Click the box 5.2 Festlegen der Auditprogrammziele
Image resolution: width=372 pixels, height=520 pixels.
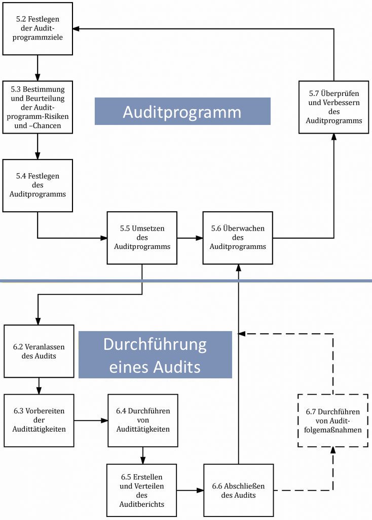[x=38, y=28]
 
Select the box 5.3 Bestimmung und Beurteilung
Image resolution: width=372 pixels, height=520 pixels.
[x=38, y=107]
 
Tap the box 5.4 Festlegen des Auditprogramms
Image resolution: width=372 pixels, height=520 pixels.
[x=38, y=185]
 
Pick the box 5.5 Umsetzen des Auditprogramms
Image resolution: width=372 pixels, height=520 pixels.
[x=142, y=238]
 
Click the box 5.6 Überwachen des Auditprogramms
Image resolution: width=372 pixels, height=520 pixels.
[x=238, y=238]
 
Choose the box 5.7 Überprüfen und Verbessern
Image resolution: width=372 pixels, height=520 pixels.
[x=333, y=107]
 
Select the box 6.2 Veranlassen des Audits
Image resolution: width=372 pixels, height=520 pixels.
[x=39, y=351]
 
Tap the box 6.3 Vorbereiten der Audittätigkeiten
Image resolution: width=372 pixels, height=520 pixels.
[x=39, y=420]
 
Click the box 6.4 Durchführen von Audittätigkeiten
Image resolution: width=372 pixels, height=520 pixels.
[x=142, y=420]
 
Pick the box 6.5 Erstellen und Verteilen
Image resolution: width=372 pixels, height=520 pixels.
[x=141, y=490]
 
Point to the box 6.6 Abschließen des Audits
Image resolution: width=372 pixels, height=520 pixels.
[x=238, y=490]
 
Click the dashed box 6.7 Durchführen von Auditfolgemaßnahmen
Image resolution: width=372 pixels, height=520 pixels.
[x=333, y=420]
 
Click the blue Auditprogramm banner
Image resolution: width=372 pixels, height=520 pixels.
[x=182, y=111]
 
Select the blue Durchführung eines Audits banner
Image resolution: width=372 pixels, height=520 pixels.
[x=155, y=354]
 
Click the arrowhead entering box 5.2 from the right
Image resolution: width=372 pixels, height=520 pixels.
[x=76, y=29]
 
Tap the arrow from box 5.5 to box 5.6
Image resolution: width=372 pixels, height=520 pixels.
[x=190, y=238]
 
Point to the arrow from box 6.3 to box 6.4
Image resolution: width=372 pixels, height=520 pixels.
[x=91, y=420]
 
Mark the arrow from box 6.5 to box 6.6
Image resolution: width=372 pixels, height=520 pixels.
[x=190, y=490]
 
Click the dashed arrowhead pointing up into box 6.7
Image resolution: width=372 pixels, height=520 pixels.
[x=333, y=450]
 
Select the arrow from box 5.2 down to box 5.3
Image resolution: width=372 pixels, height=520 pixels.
[x=38, y=68]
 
